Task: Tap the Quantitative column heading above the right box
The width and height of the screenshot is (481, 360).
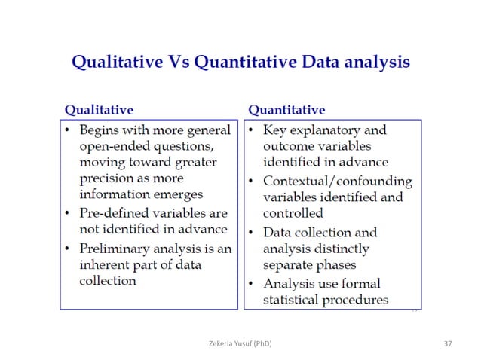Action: pyautogui.click(x=286, y=110)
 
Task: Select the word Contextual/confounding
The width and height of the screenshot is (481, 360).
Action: pyautogui.click(x=337, y=182)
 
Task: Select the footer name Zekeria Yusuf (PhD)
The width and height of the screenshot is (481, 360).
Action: pyautogui.click(x=240, y=344)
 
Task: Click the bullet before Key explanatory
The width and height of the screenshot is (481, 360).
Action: pyautogui.click(x=252, y=130)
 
